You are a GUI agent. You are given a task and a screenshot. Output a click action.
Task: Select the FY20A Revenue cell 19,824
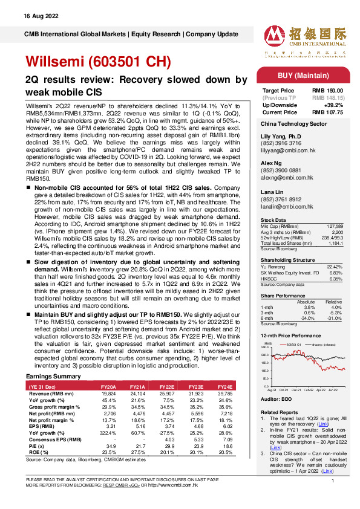pos(107,392)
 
